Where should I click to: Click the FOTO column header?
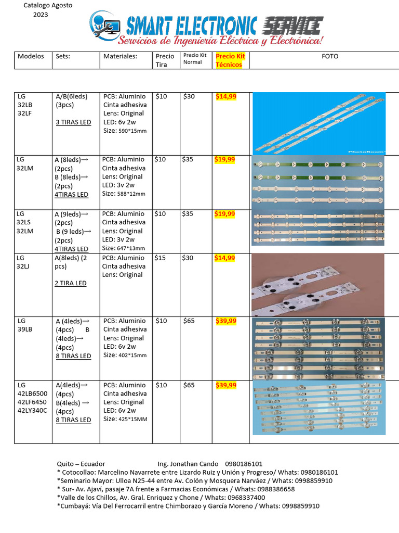tap(329, 56)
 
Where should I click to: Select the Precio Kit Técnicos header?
tap(229, 60)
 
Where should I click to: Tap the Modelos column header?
tap(31, 56)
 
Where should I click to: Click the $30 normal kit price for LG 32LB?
tap(189, 97)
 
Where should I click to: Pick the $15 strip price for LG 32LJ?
tap(161, 258)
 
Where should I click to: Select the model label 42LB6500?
tap(32, 394)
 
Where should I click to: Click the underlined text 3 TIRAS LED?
tap(73, 122)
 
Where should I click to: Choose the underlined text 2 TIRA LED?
tap(71, 283)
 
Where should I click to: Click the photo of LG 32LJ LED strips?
tap(317, 284)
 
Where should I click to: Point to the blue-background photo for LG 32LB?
tap(318, 123)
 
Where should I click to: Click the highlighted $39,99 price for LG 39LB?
tap(226, 321)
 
